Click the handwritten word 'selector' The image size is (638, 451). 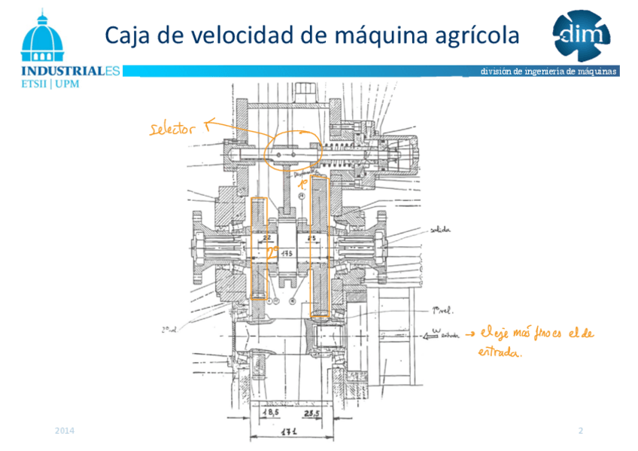[172, 129]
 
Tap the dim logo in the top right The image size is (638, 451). [581, 35]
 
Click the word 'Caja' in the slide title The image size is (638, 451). [129, 35]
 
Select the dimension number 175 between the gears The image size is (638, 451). [287, 254]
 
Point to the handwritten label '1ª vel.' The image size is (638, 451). [442, 309]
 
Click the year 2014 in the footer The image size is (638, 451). [65, 431]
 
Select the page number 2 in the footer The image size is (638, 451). [581, 431]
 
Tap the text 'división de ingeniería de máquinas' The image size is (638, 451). [549, 72]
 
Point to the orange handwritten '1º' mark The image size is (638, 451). [305, 183]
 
